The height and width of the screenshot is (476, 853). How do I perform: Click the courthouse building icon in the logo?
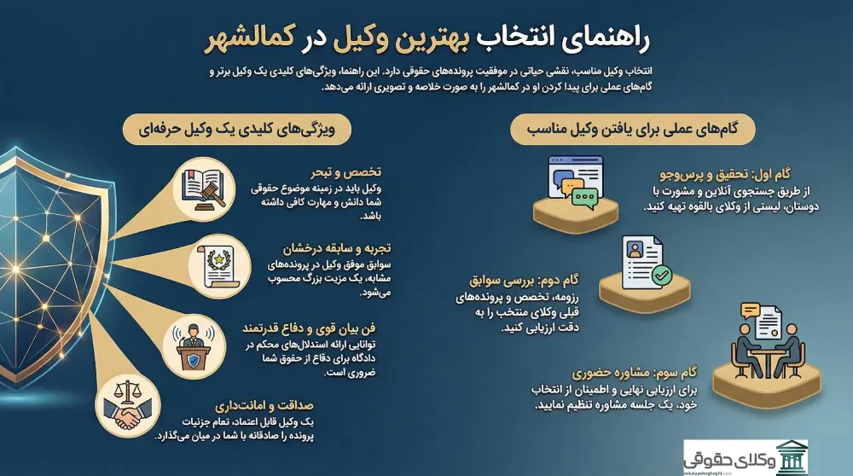tap(792, 456)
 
